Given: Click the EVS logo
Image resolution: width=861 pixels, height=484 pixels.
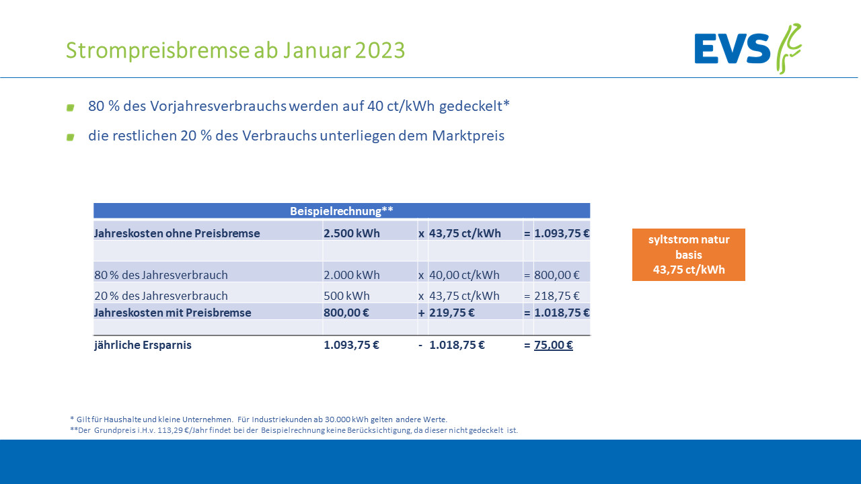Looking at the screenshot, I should click(x=747, y=49).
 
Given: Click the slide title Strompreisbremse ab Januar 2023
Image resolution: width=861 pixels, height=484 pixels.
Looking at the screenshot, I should click(x=235, y=50).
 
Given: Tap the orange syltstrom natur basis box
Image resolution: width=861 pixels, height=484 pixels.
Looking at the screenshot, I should click(x=689, y=255).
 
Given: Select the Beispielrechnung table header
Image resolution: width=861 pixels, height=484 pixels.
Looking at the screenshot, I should click(x=342, y=211).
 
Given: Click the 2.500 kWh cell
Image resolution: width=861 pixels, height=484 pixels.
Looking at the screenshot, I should click(x=352, y=234).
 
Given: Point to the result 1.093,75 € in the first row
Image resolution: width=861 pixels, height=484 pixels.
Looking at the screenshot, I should click(x=562, y=234).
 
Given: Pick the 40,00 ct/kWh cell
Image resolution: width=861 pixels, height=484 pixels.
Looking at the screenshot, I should click(x=464, y=275).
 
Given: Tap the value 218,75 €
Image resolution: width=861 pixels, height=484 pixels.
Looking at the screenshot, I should click(x=557, y=296).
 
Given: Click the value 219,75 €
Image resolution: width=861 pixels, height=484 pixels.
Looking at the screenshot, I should click(x=452, y=313).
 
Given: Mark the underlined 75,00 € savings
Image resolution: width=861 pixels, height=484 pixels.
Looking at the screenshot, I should click(x=554, y=346).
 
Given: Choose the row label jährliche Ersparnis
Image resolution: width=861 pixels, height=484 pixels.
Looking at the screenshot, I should click(x=143, y=346).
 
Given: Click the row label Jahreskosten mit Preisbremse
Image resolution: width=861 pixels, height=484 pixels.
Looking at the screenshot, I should click(x=173, y=313).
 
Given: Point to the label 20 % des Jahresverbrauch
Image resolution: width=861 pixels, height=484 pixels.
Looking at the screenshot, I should click(x=161, y=296).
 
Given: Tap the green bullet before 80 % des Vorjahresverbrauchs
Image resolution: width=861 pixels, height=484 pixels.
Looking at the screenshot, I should click(x=70, y=108).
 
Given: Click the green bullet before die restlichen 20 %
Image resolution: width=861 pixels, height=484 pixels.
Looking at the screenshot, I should click(x=70, y=137).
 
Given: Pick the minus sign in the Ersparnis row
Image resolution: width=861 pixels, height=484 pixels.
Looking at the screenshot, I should click(x=420, y=346).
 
